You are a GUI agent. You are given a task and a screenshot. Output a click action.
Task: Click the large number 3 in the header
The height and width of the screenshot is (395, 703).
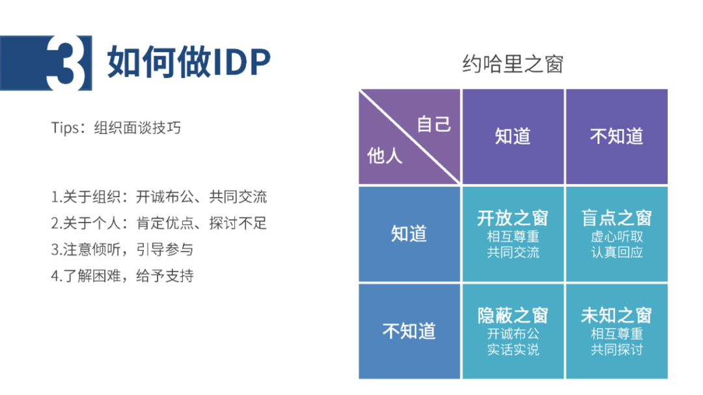(x=66, y=62)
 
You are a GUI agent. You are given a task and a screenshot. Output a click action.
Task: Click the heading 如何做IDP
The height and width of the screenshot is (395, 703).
(x=189, y=62)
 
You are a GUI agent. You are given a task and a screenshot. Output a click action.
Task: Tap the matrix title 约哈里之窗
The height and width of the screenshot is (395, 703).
(x=513, y=64)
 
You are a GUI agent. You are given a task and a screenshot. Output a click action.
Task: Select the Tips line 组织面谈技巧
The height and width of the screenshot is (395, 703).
(x=116, y=128)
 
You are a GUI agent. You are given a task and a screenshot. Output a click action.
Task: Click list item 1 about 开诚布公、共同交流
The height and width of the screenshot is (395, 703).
(x=159, y=197)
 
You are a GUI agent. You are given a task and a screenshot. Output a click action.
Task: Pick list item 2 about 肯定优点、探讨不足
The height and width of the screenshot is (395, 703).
(x=159, y=223)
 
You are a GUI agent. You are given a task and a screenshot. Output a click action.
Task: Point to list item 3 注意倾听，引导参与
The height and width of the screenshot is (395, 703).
(x=122, y=249)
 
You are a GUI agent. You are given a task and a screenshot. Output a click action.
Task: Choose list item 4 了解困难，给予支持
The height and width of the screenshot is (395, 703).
(x=122, y=276)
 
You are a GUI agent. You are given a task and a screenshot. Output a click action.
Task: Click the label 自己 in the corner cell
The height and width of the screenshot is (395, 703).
(x=434, y=124)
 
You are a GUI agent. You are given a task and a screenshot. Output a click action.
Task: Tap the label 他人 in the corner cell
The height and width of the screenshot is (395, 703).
(x=385, y=156)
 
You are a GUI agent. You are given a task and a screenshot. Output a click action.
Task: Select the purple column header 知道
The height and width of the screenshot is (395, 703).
(x=513, y=136)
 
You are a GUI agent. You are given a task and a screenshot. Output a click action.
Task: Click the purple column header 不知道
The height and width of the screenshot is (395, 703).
(x=616, y=136)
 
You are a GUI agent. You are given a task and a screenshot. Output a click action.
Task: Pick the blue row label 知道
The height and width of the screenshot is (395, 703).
(x=409, y=234)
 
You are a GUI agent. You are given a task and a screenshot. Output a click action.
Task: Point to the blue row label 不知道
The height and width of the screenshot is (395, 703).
(x=409, y=331)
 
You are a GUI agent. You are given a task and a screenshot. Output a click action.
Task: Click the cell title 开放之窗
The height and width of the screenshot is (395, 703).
(x=513, y=218)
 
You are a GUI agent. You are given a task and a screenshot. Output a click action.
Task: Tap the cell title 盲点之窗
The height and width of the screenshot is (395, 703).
(x=616, y=218)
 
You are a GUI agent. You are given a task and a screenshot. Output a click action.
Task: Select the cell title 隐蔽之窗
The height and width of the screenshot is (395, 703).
(x=513, y=315)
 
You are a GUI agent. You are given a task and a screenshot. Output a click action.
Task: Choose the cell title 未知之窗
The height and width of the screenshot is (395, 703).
(x=616, y=315)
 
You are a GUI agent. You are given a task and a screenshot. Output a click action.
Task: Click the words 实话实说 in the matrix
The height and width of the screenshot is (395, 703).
(x=513, y=349)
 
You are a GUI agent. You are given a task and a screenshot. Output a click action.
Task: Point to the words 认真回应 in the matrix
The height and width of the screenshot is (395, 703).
(x=616, y=252)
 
